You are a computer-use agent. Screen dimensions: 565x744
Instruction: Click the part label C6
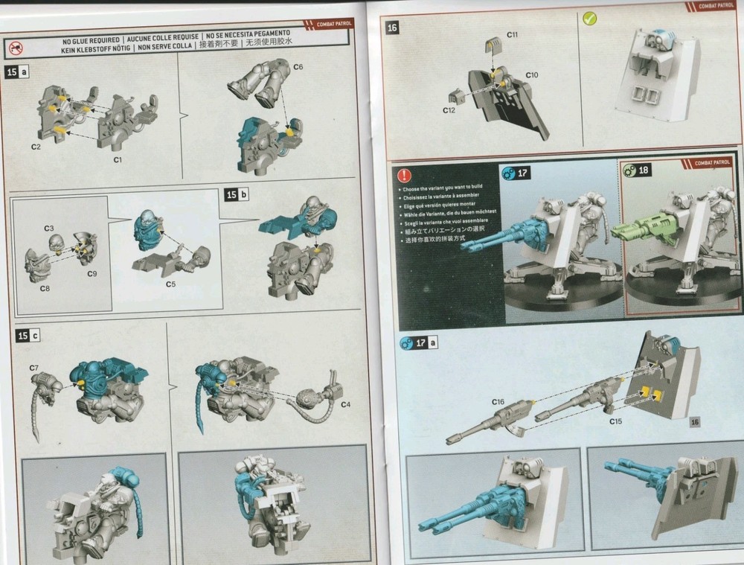click(x=298, y=68)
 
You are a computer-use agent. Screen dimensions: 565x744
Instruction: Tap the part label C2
click(x=35, y=147)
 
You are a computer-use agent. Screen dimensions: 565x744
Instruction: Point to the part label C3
click(x=49, y=227)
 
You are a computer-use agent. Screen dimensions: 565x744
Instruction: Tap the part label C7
click(x=34, y=368)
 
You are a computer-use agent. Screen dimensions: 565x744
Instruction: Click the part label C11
click(x=513, y=35)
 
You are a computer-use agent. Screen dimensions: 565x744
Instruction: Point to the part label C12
click(x=448, y=110)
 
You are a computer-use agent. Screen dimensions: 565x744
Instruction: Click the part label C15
click(x=615, y=421)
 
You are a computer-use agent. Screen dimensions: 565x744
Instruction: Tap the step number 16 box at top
click(x=394, y=28)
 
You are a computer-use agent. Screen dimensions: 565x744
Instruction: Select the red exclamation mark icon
click(x=404, y=176)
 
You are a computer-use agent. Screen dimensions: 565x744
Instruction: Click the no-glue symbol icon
click(x=16, y=48)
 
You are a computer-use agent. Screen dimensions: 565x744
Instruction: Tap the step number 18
click(x=643, y=170)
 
